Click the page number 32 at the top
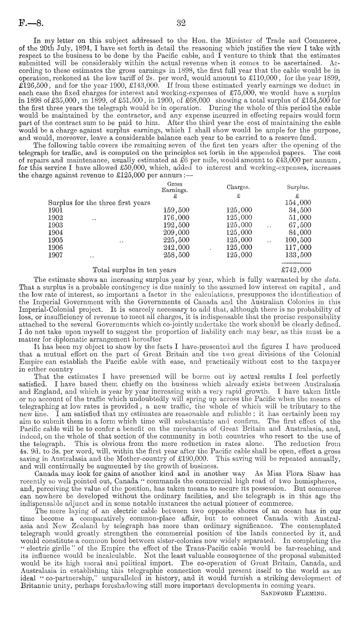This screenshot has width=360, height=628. (180, 23)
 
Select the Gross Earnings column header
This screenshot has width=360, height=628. (175, 187)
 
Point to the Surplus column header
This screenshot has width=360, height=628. (298, 187)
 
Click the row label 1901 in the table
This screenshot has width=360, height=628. (55, 210)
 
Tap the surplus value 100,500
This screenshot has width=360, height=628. (298, 240)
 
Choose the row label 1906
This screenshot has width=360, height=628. (55, 247)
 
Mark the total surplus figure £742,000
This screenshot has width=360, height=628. (296, 270)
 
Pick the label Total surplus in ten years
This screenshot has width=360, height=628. (134, 270)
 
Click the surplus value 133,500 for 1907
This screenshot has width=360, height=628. (298, 255)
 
